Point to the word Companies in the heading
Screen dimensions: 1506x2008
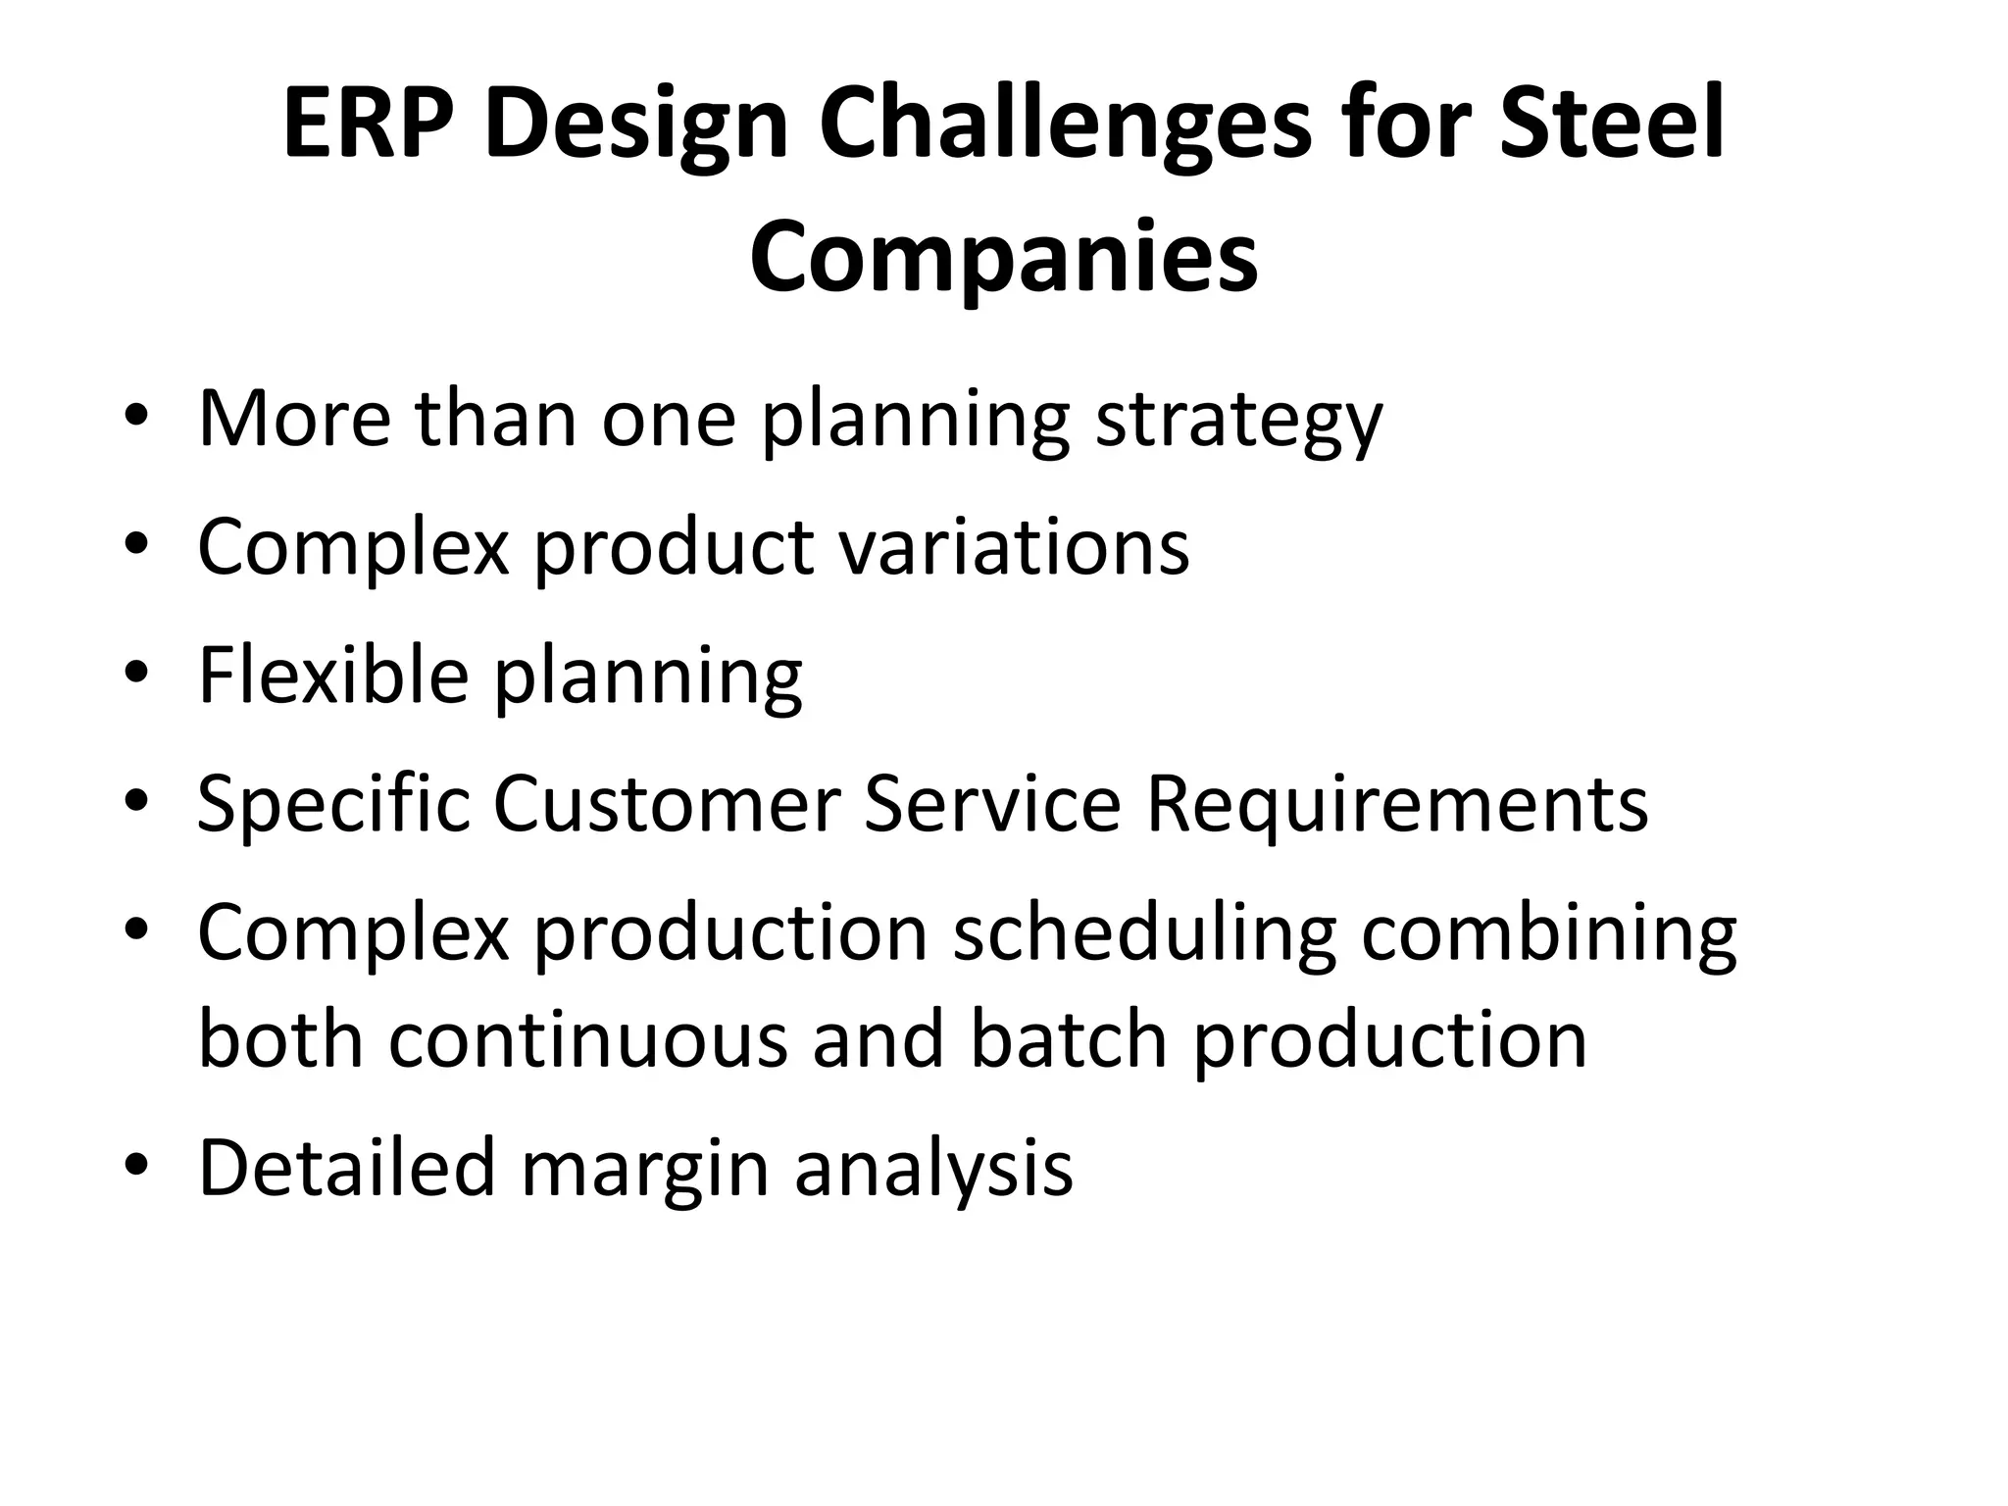pos(1003,258)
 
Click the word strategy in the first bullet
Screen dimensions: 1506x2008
pos(1238,420)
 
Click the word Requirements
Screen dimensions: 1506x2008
pos(1396,804)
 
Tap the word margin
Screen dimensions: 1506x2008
pos(644,1169)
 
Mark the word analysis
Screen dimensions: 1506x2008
pos(933,1169)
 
